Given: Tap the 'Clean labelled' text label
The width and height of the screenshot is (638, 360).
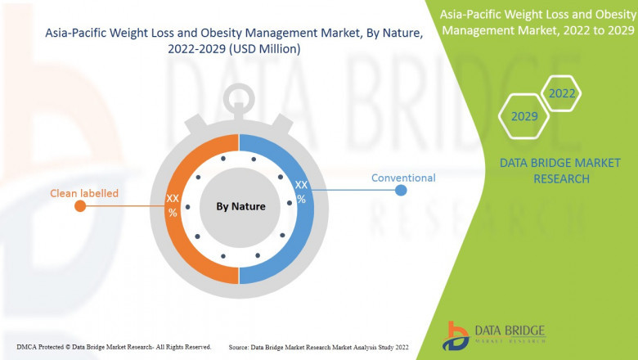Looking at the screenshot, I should pos(84,193).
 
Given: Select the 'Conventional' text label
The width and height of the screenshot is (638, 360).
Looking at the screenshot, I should pos(403,178).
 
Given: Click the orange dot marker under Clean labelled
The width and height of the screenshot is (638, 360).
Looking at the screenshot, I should pos(80,206).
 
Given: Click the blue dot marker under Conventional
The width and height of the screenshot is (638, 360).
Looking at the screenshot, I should pos(401,191).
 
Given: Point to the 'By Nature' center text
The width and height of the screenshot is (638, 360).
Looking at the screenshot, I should pos(240,206).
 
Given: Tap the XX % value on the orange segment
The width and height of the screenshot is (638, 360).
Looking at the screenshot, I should pos(173,205).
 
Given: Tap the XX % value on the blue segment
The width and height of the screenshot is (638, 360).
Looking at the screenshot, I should pos(301,192).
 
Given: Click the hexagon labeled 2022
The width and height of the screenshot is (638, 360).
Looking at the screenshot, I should pos(562,93).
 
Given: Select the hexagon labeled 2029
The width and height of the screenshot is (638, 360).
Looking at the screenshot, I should pos(524,116).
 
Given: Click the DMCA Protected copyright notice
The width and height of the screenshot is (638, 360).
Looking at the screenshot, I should pos(114,347).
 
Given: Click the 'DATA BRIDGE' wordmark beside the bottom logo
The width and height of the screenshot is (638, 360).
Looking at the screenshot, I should pos(509,331).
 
